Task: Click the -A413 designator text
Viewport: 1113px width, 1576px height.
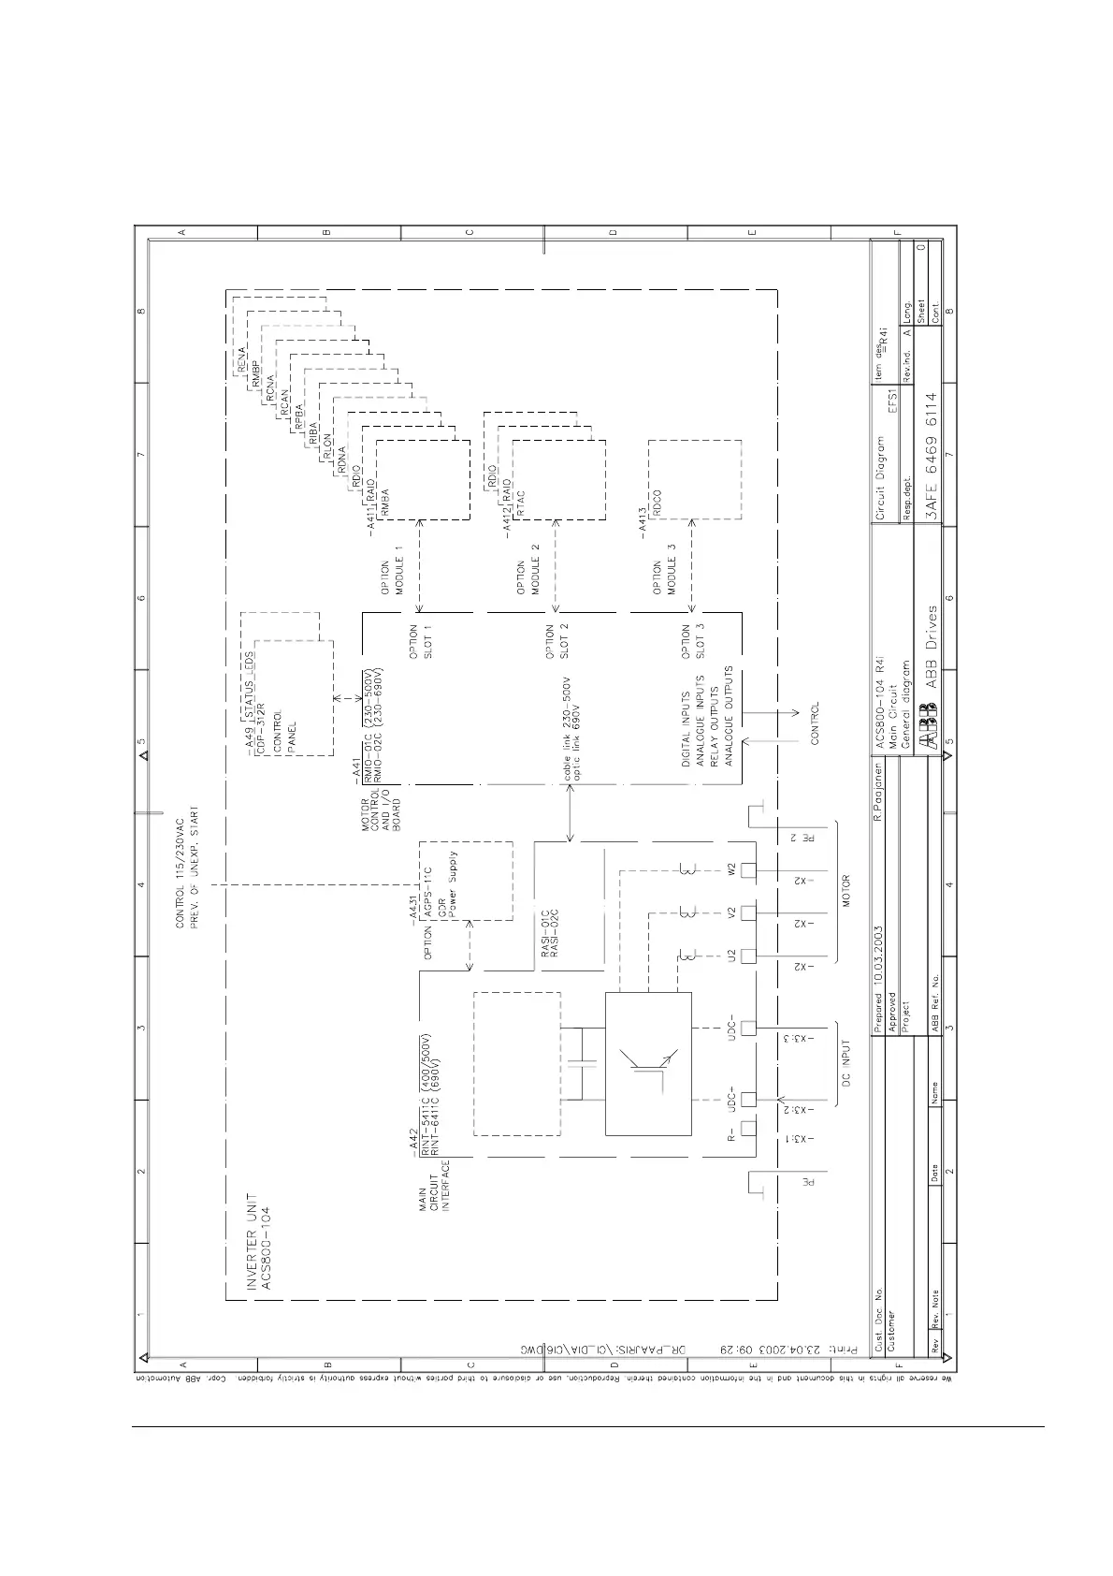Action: [643, 520]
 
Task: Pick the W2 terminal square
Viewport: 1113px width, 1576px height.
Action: [747, 870]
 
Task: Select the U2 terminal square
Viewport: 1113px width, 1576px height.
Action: [747, 956]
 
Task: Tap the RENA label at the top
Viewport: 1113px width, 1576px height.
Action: [240, 360]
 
